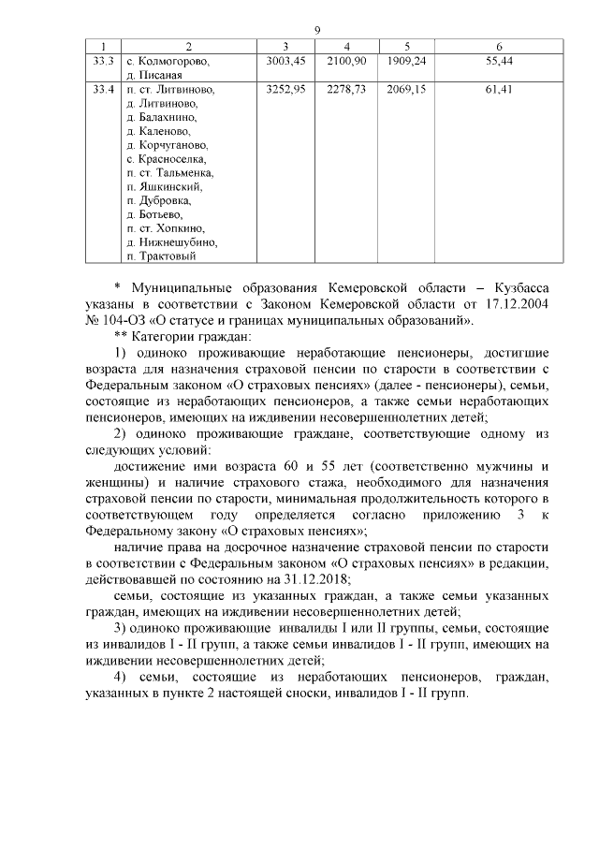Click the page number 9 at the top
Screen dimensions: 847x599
pos(317,31)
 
